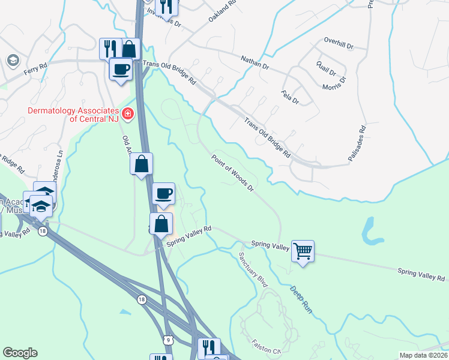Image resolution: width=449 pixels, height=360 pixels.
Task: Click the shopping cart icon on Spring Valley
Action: click(303, 250)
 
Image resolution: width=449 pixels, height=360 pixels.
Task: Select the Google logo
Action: click(20, 352)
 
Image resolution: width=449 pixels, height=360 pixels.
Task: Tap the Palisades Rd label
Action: click(357, 143)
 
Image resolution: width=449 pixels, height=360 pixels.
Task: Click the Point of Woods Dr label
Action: click(233, 173)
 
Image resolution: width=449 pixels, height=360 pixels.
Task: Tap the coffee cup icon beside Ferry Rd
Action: click(121, 69)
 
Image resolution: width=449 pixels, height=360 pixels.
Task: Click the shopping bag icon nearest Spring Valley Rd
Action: click(161, 224)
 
